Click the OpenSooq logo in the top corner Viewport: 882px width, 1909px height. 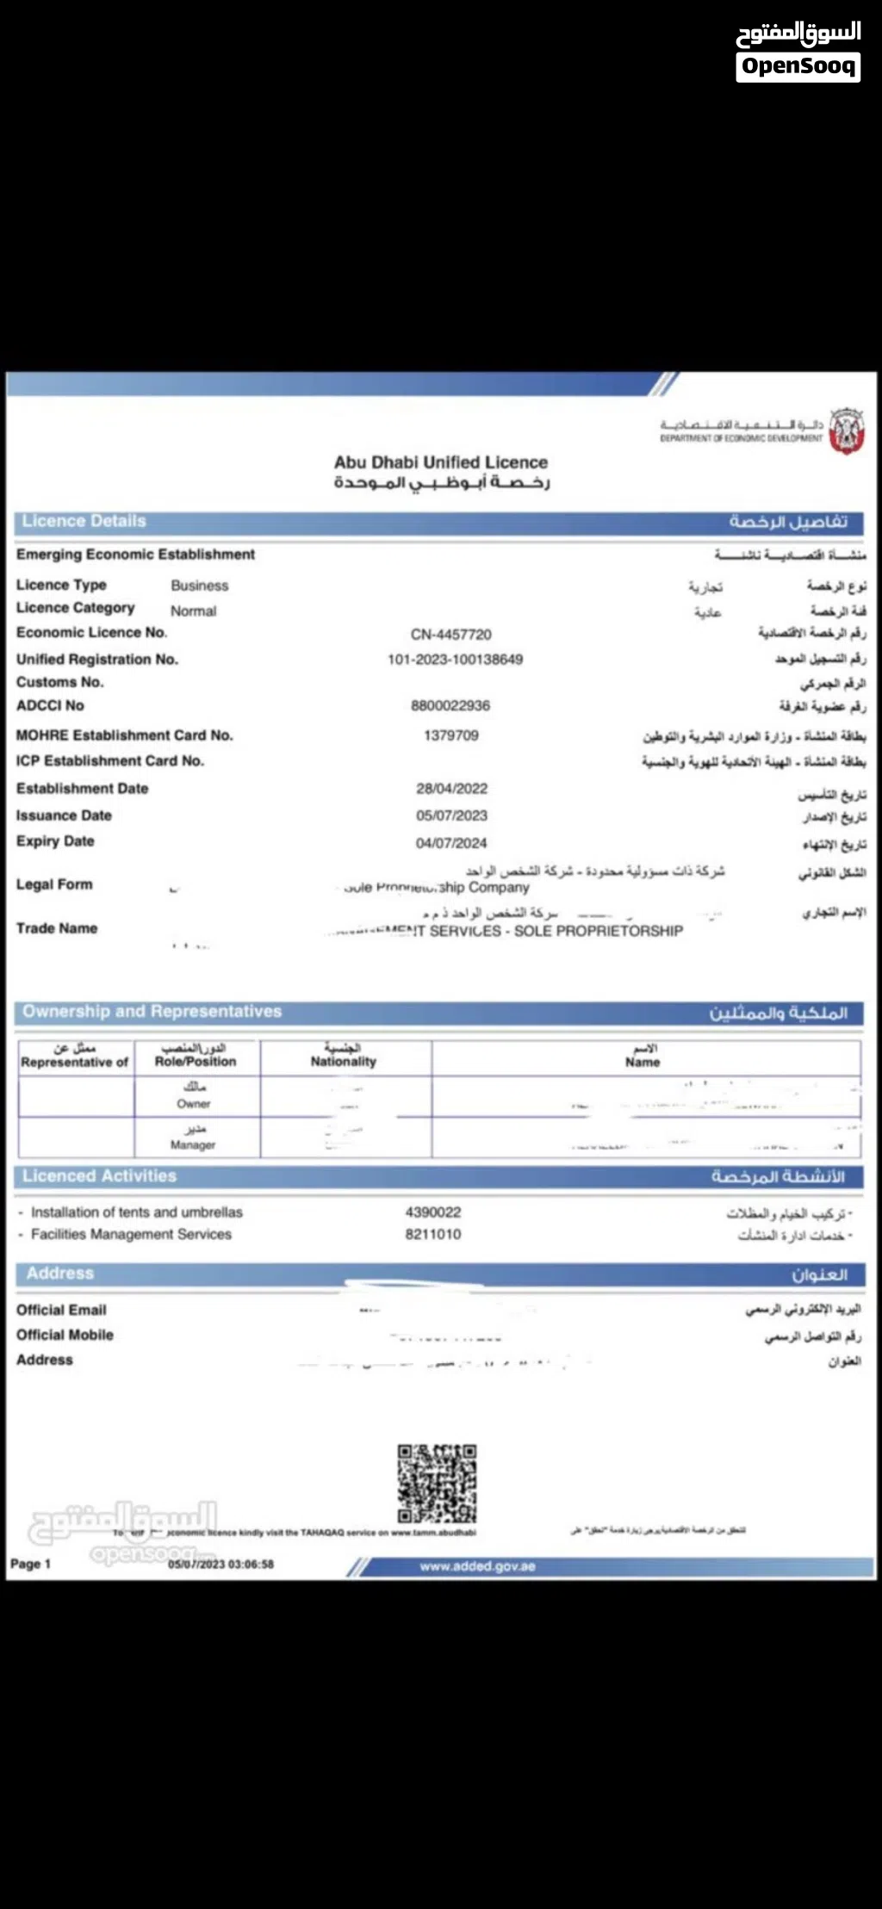[x=798, y=51]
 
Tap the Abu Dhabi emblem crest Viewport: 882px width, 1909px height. [x=846, y=431]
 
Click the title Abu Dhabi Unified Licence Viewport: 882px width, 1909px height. [x=441, y=462]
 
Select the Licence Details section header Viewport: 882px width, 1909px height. [x=84, y=521]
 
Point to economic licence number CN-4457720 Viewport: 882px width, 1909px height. [x=450, y=635]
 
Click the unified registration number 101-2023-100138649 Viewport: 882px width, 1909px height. [x=455, y=660]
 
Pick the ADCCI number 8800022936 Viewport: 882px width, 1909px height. [x=450, y=706]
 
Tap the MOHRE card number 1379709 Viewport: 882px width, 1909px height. [x=450, y=735]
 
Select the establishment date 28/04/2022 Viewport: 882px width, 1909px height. [x=451, y=789]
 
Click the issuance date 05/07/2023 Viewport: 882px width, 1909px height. [x=451, y=815]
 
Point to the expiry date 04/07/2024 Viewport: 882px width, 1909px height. [x=451, y=843]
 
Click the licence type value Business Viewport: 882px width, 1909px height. [x=199, y=586]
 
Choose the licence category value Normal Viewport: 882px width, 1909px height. [x=193, y=611]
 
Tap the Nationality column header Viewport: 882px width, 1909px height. [x=344, y=1056]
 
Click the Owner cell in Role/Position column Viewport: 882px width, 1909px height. [x=194, y=1095]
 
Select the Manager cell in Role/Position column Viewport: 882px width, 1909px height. [x=194, y=1137]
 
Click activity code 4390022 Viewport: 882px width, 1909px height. [x=433, y=1212]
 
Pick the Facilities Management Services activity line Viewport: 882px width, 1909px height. [x=131, y=1235]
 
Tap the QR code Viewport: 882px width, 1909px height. [x=437, y=1484]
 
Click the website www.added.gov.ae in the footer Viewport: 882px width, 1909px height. [x=477, y=1566]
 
